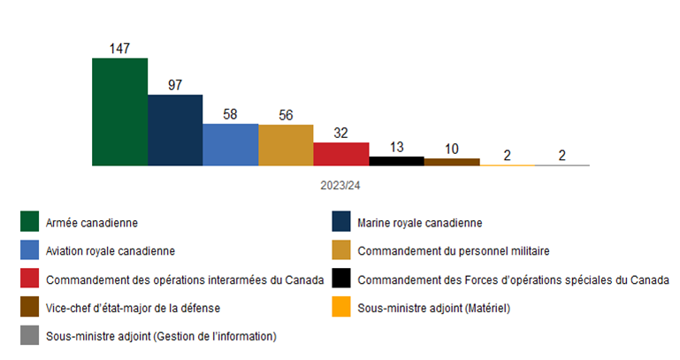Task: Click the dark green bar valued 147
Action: click(119, 112)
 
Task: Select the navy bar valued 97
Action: click(175, 130)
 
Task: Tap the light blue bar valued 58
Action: click(230, 144)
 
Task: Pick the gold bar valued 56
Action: click(286, 145)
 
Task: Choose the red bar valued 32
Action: click(340, 154)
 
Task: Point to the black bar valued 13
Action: click(396, 161)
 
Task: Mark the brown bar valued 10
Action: click(452, 162)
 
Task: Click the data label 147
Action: click(119, 48)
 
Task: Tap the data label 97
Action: click(175, 84)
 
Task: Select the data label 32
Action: click(340, 132)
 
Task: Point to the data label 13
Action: click(396, 147)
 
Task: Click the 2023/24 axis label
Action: click(340, 187)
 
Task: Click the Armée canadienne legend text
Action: click(91, 222)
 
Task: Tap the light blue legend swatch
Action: click(30, 250)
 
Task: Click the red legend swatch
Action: click(30, 280)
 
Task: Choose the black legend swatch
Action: click(340, 280)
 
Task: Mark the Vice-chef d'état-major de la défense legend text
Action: click(133, 308)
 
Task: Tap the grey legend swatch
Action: click(30, 336)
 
